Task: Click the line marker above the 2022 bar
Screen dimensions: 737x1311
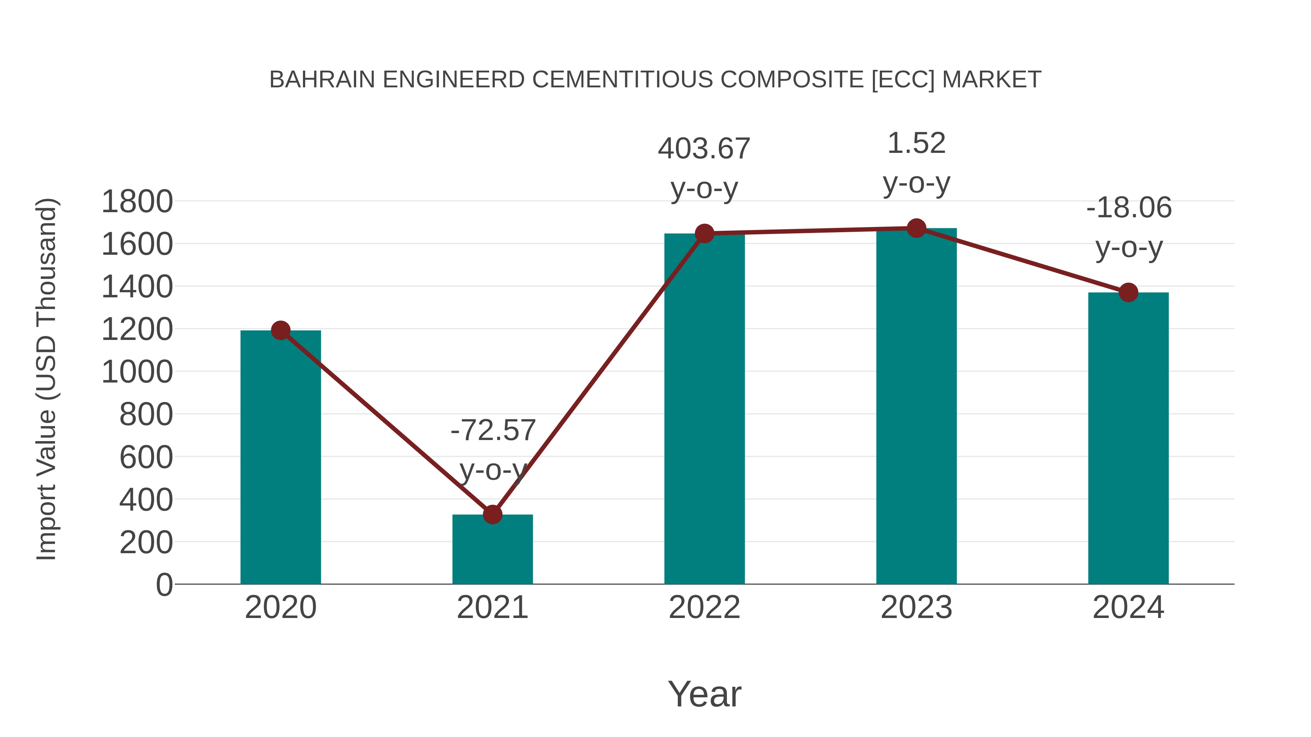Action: [x=704, y=233]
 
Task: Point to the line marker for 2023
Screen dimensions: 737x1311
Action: [x=916, y=228]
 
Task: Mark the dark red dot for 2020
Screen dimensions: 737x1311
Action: [x=280, y=330]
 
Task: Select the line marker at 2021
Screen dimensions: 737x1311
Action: [x=492, y=515]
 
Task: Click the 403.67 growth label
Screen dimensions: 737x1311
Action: [x=704, y=149]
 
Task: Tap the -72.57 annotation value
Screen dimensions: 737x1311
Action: [x=493, y=430]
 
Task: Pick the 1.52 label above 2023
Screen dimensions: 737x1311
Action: [x=916, y=143]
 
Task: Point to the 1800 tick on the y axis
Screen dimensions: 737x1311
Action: [x=137, y=201]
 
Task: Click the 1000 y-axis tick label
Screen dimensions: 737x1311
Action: [x=137, y=372]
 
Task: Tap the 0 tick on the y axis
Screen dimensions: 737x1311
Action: [x=164, y=585]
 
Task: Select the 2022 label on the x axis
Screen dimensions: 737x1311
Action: [x=704, y=607]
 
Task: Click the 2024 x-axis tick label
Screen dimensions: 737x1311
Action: [x=1128, y=607]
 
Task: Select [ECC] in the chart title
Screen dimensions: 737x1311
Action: [x=903, y=80]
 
